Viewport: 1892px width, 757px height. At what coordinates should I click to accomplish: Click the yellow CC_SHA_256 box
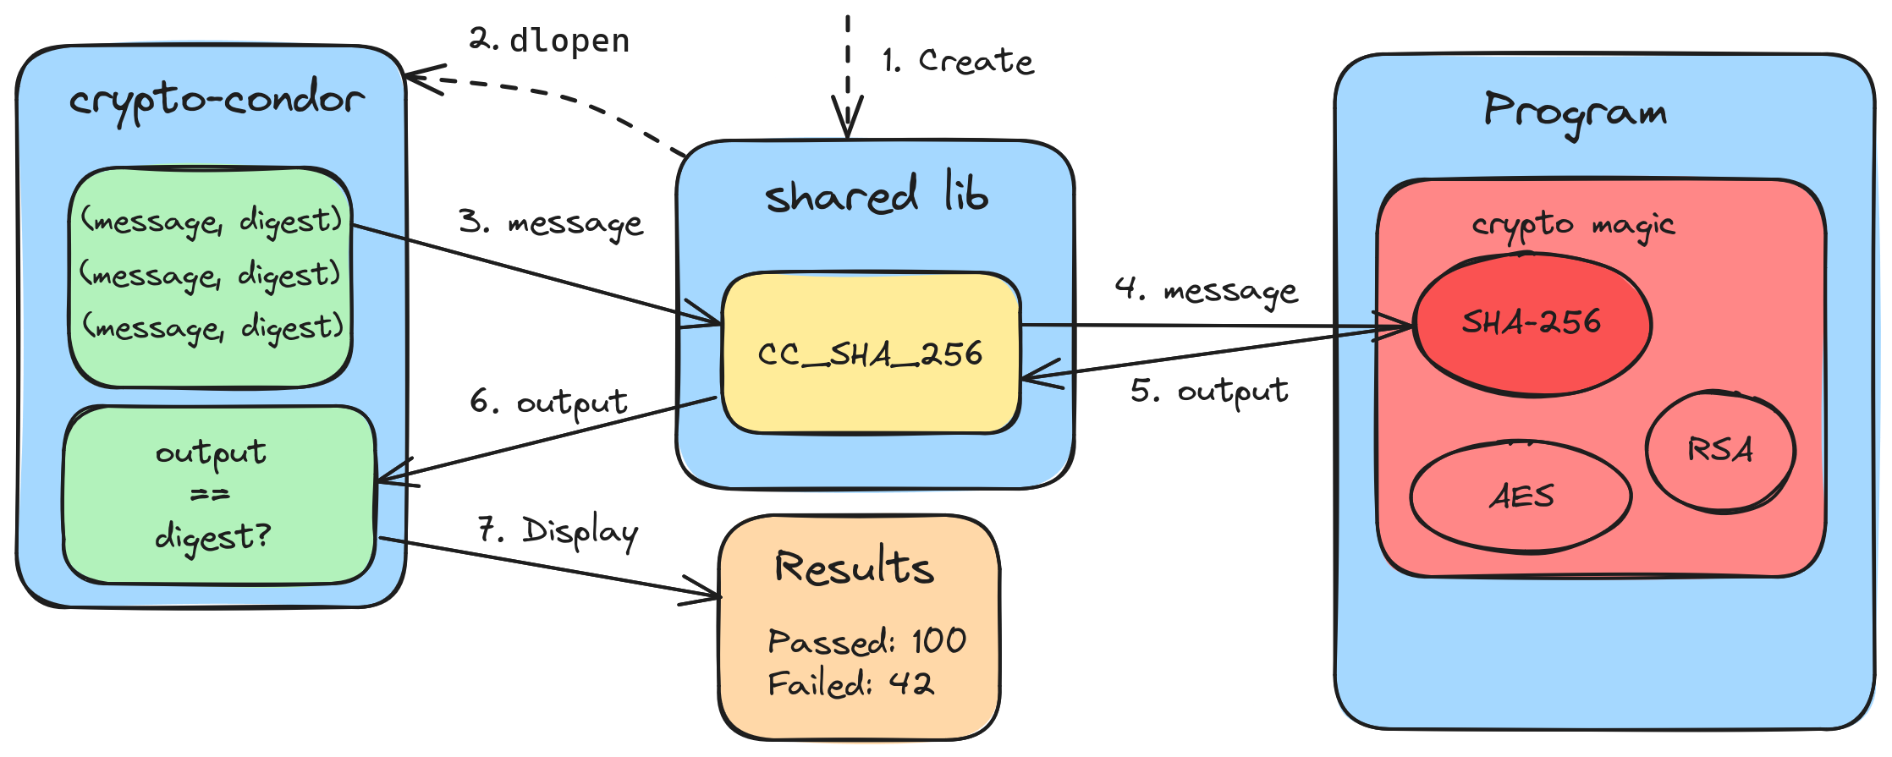(x=871, y=353)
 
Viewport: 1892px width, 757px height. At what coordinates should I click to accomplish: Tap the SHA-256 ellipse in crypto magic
(x=1532, y=322)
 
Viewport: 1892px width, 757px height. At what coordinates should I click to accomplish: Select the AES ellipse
(x=1521, y=496)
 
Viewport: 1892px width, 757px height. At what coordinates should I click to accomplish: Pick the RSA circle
(x=1720, y=450)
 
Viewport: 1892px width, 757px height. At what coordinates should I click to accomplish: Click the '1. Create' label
(x=958, y=61)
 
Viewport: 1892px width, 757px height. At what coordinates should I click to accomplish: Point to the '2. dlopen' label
(x=549, y=41)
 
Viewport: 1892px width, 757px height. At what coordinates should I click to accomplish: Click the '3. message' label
(x=551, y=223)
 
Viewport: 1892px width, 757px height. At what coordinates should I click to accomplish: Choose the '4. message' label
(x=1206, y=290)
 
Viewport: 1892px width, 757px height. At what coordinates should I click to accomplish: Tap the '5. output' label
(x=1209, y=392)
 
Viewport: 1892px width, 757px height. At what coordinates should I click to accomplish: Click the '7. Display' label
(x=558, y=532)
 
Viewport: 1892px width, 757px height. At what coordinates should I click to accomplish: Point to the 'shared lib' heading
(x=876, y=195)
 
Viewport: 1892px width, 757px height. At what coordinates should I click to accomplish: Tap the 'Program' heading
(x=1575, y=112)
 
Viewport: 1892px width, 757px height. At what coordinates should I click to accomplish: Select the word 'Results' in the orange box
(x=855, y=567)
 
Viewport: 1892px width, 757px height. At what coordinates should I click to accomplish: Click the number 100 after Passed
(x=939, y=641)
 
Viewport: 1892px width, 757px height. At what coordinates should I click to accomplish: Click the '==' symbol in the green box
(x=210, y=495)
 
